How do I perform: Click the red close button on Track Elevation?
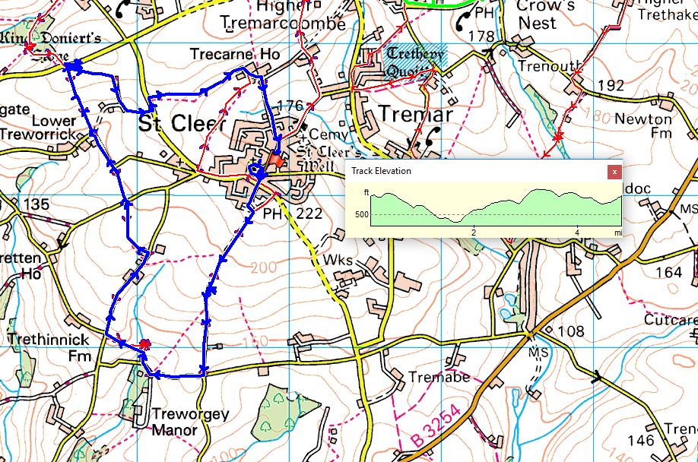pyautogui.click(x=614, y=172)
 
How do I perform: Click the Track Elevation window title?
pyautogui.click(x=381, y=171)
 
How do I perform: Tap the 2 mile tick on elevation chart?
pyautogui.click(x=474, y=232)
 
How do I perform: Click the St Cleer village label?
pyautogui.click(x=183, y=123)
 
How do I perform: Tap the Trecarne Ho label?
pyautogui.click(x=235, y=55)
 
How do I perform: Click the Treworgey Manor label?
pyautogui.click(x=174, y=422)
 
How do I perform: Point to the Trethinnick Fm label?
pyautogui.click(x=49, y=347)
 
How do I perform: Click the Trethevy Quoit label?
pyautogui.click(x=414, y=61)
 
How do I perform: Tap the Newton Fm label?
pyautogui.click(x=643, y=126)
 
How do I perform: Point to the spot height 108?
pyautogui.click(x=570, y=331)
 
